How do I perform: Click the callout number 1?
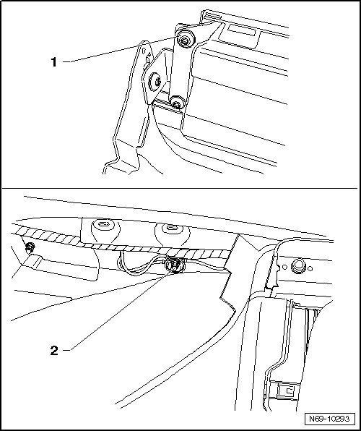(54, 62)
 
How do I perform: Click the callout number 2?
(54, 351)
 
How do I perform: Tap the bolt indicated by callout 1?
(184, 40)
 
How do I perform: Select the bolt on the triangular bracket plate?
(156, 82)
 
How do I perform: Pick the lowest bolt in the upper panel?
(176, 103)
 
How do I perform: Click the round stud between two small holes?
(298, 265)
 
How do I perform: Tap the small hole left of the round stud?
(285, 267)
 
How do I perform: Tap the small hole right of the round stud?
(310, 268)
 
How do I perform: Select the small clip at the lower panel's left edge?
(28, 248)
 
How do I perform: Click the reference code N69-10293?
(329, 419)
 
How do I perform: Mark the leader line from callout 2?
(119, 311)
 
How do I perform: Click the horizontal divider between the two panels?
(180, 188)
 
